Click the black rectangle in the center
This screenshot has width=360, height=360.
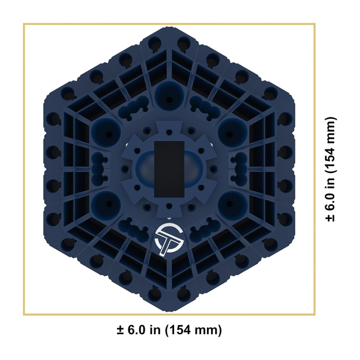[169, 169]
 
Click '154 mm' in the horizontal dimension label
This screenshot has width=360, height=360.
[194, 330]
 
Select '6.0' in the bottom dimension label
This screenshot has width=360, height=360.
[136, 330]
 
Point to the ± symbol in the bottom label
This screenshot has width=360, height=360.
[121, 330]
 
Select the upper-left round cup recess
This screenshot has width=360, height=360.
[106, 133]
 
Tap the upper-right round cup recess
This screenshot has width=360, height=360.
[232, 133]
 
